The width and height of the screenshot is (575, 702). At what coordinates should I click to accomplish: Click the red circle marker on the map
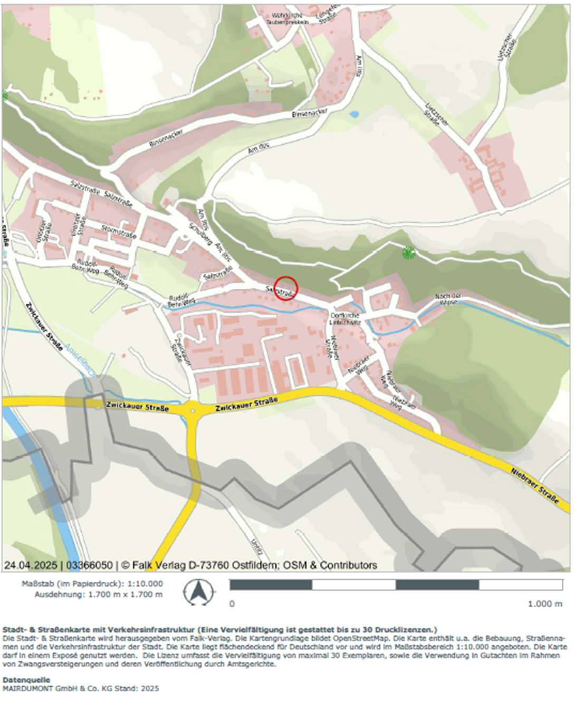tap(286, 288)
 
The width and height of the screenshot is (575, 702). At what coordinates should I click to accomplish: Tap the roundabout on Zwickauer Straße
tap(193, 408)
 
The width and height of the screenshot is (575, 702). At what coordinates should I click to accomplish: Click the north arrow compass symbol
tap(198, 592)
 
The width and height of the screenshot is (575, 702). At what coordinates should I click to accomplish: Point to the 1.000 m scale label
tap(544, 604)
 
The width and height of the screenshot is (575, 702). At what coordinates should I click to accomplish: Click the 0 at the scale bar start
tap(232, 604)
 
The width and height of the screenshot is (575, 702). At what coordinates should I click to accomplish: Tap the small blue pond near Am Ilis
tap(353, 114)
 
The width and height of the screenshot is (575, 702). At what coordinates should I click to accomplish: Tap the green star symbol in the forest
tap(408, 253)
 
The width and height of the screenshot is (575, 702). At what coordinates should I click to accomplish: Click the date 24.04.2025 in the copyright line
tap(31, 565)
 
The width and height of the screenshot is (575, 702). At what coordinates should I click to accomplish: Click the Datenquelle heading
tap(26, 680)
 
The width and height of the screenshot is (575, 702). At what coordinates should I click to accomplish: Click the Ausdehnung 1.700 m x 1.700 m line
tap(99, 594)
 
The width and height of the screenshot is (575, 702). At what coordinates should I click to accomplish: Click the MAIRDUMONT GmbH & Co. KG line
tap(81, 688)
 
